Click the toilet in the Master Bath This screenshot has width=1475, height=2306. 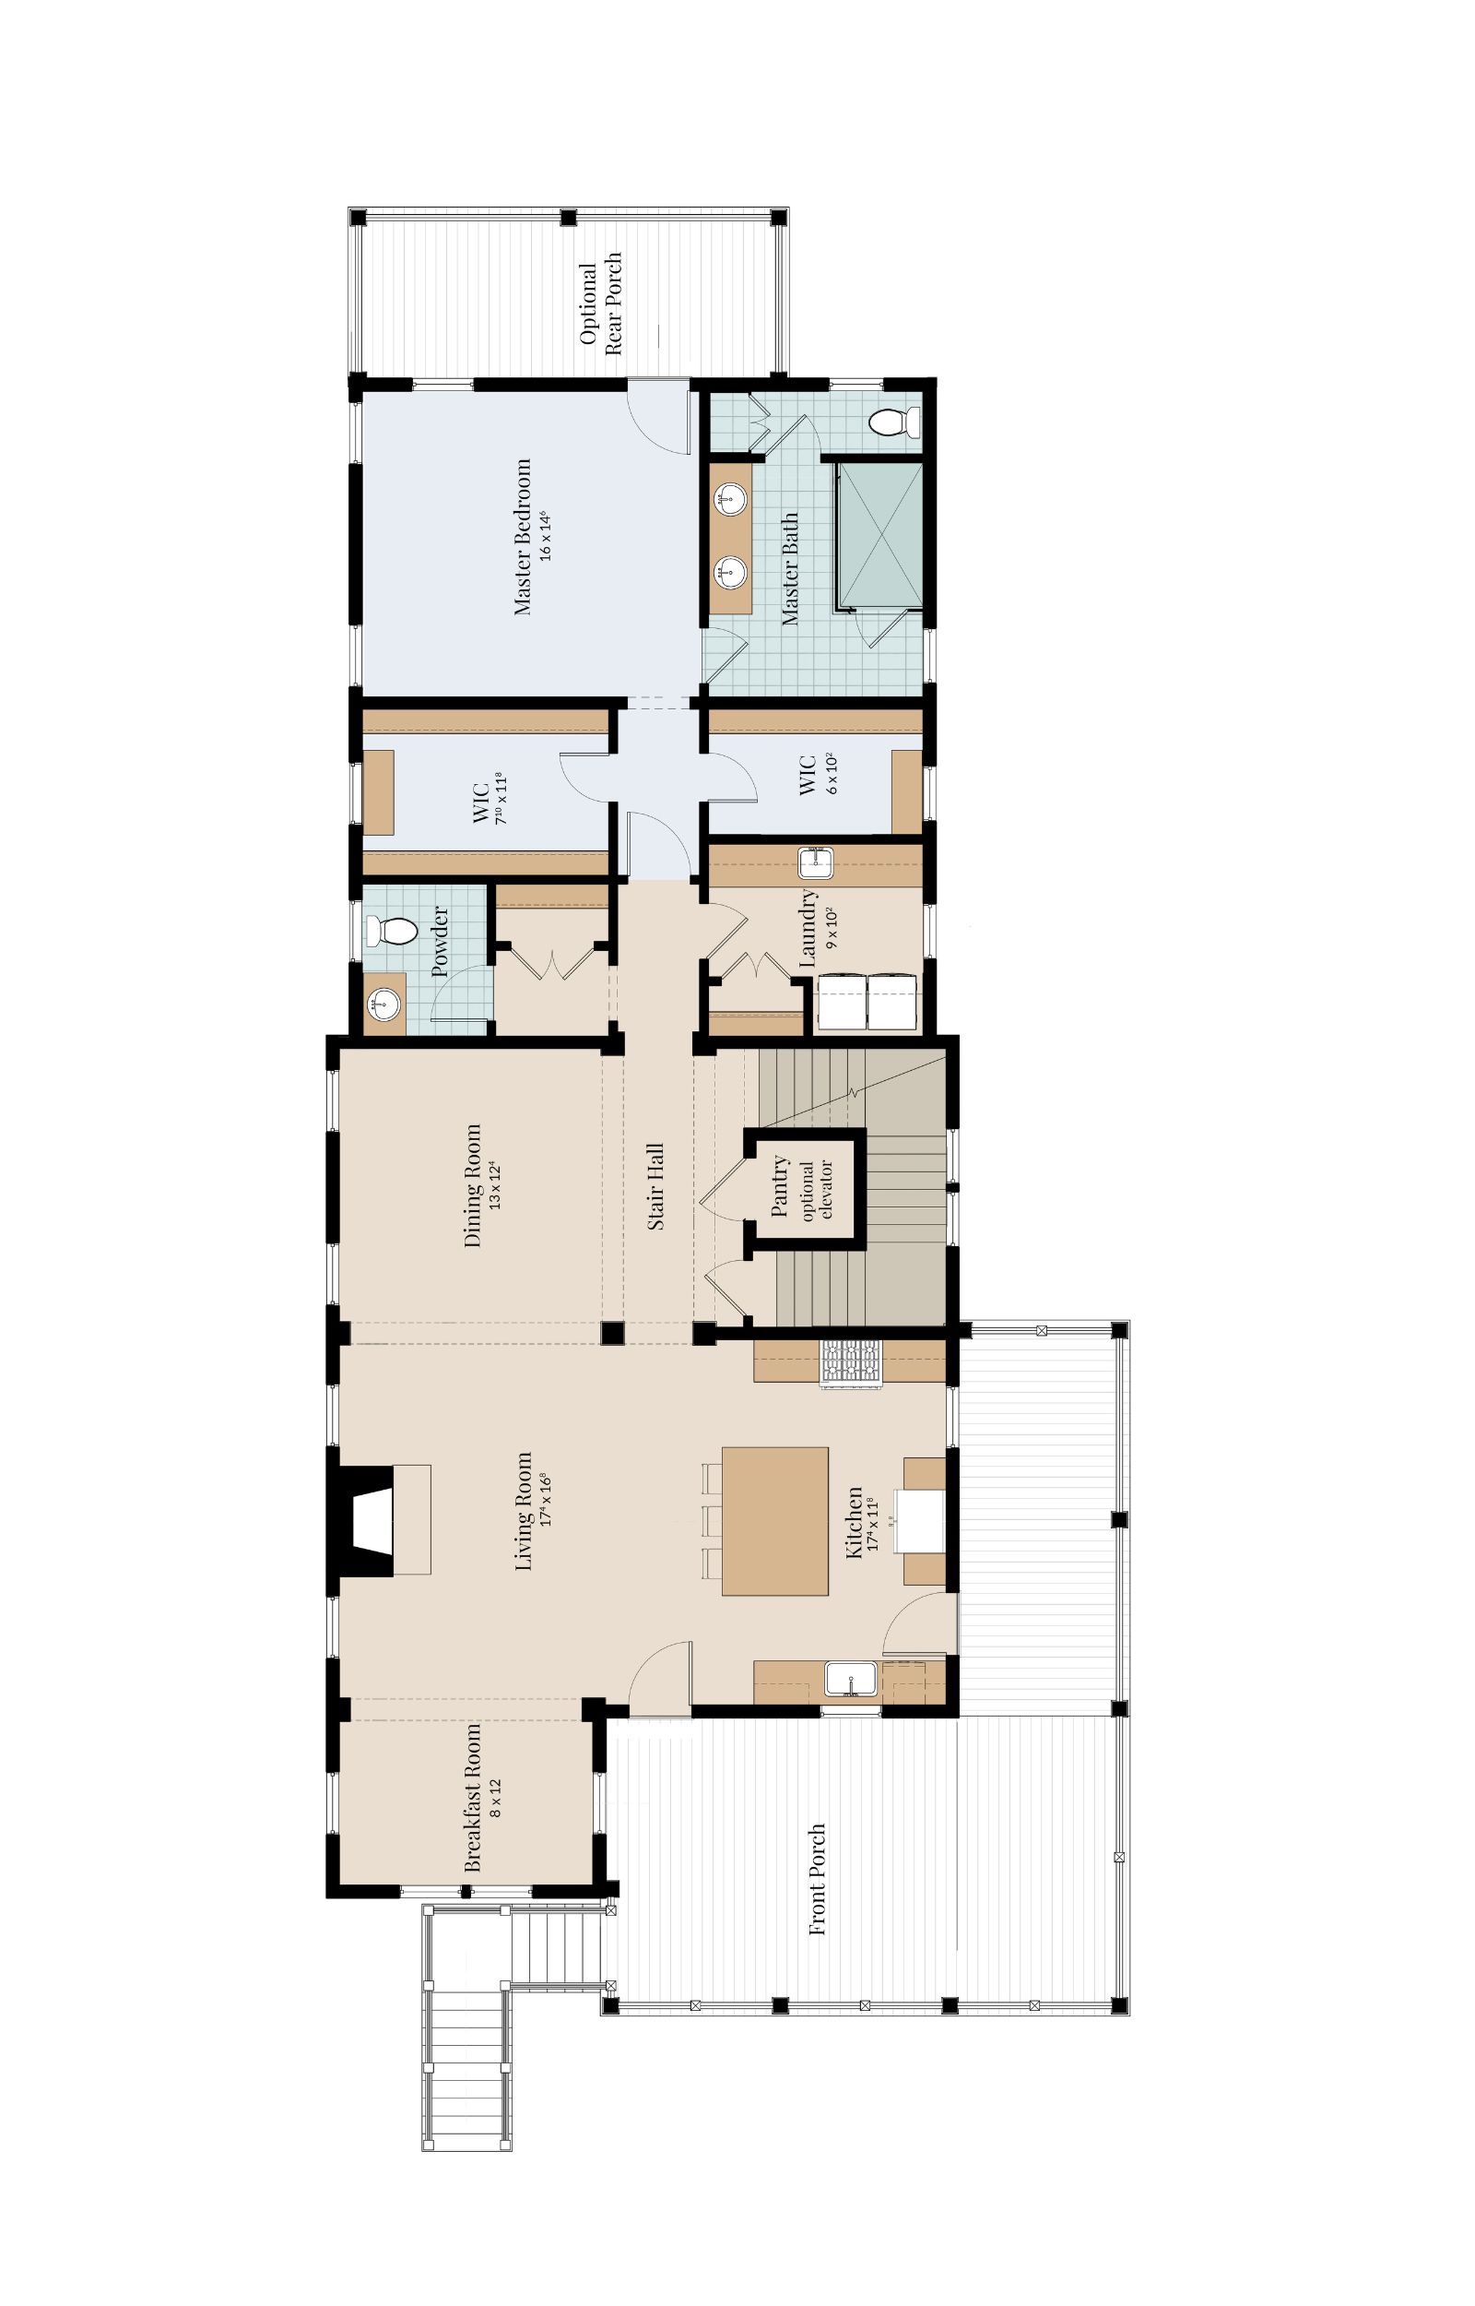point(895,422)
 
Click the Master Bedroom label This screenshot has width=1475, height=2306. point(522,537)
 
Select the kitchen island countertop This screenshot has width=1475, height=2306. point(775,1521)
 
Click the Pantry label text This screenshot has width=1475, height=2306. point(779,1186)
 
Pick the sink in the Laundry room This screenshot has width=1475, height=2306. point(815,863)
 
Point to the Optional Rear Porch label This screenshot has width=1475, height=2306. point(600,303)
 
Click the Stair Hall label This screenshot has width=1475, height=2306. point(656,1186)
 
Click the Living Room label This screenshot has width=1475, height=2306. point(523,1513)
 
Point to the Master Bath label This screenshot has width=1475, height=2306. point(790,569)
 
